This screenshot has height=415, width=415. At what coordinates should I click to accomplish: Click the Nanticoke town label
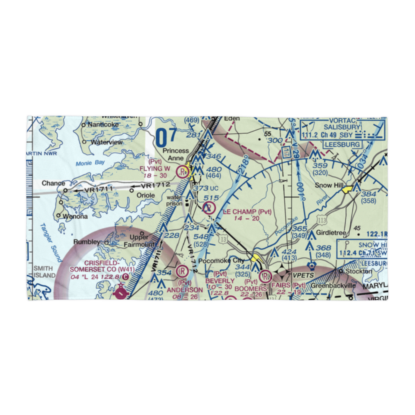tap(102, 124)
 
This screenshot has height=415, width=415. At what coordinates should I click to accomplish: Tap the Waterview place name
tap(107, 142)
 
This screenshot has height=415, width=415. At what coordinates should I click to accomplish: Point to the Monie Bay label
tap(90, 164)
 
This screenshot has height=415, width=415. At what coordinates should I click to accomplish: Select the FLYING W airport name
tap(155, 168)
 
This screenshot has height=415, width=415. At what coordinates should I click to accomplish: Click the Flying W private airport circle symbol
tap(182, 171)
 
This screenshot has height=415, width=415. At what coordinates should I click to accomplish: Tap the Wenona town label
tap(75, 216)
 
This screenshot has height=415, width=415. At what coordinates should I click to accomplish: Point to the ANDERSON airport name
tap(185, 290)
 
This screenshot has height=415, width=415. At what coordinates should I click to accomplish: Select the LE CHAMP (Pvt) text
tap(247, 212)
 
